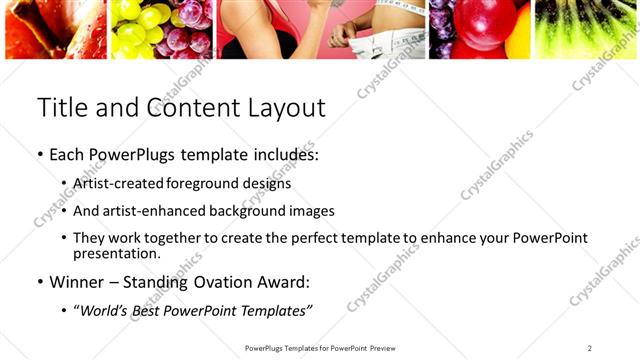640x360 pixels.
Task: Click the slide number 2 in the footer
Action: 590,347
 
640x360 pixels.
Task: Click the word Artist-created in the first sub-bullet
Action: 119,184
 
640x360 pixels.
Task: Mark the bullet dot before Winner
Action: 39,282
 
